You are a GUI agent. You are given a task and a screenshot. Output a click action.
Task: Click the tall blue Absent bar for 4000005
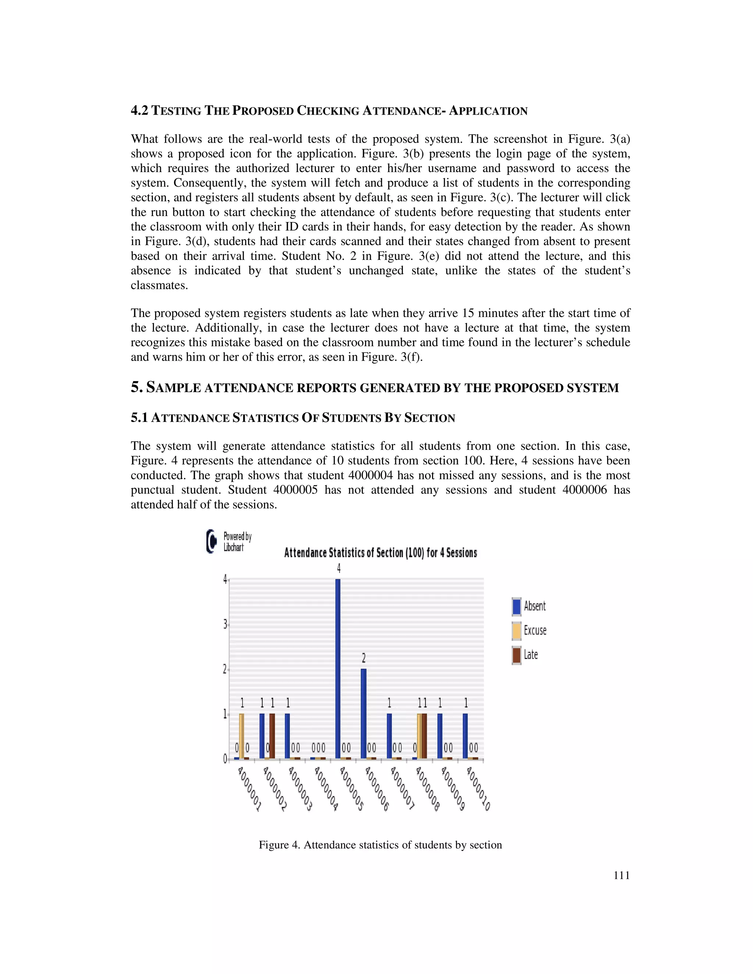tap(338, 669)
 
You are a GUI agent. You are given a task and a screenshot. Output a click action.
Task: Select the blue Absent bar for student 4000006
tap(364, 713)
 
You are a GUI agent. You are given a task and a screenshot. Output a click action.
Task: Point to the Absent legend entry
tap(529, 606)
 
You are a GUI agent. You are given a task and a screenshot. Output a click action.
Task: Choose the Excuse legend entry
tap(529, 631)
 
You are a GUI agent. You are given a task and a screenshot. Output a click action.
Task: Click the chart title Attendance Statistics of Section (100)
tap(381, 553)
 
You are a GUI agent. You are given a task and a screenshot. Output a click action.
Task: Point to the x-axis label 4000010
tap(479, 788)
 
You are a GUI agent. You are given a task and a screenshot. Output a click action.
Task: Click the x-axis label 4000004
tap(326, 788)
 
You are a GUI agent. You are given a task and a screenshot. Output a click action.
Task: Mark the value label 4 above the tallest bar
tap(339, 569)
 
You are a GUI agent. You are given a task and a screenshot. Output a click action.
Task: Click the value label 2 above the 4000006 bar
tap(364, 658)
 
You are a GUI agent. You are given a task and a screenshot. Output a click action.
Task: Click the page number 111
tap(621, 875)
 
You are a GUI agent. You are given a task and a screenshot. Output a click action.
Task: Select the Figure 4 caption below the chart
tap(380, 845)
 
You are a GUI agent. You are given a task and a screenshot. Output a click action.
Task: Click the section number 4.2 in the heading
tap(139, 111)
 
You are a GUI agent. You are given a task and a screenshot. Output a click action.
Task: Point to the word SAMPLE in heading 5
tap(174, 387)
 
